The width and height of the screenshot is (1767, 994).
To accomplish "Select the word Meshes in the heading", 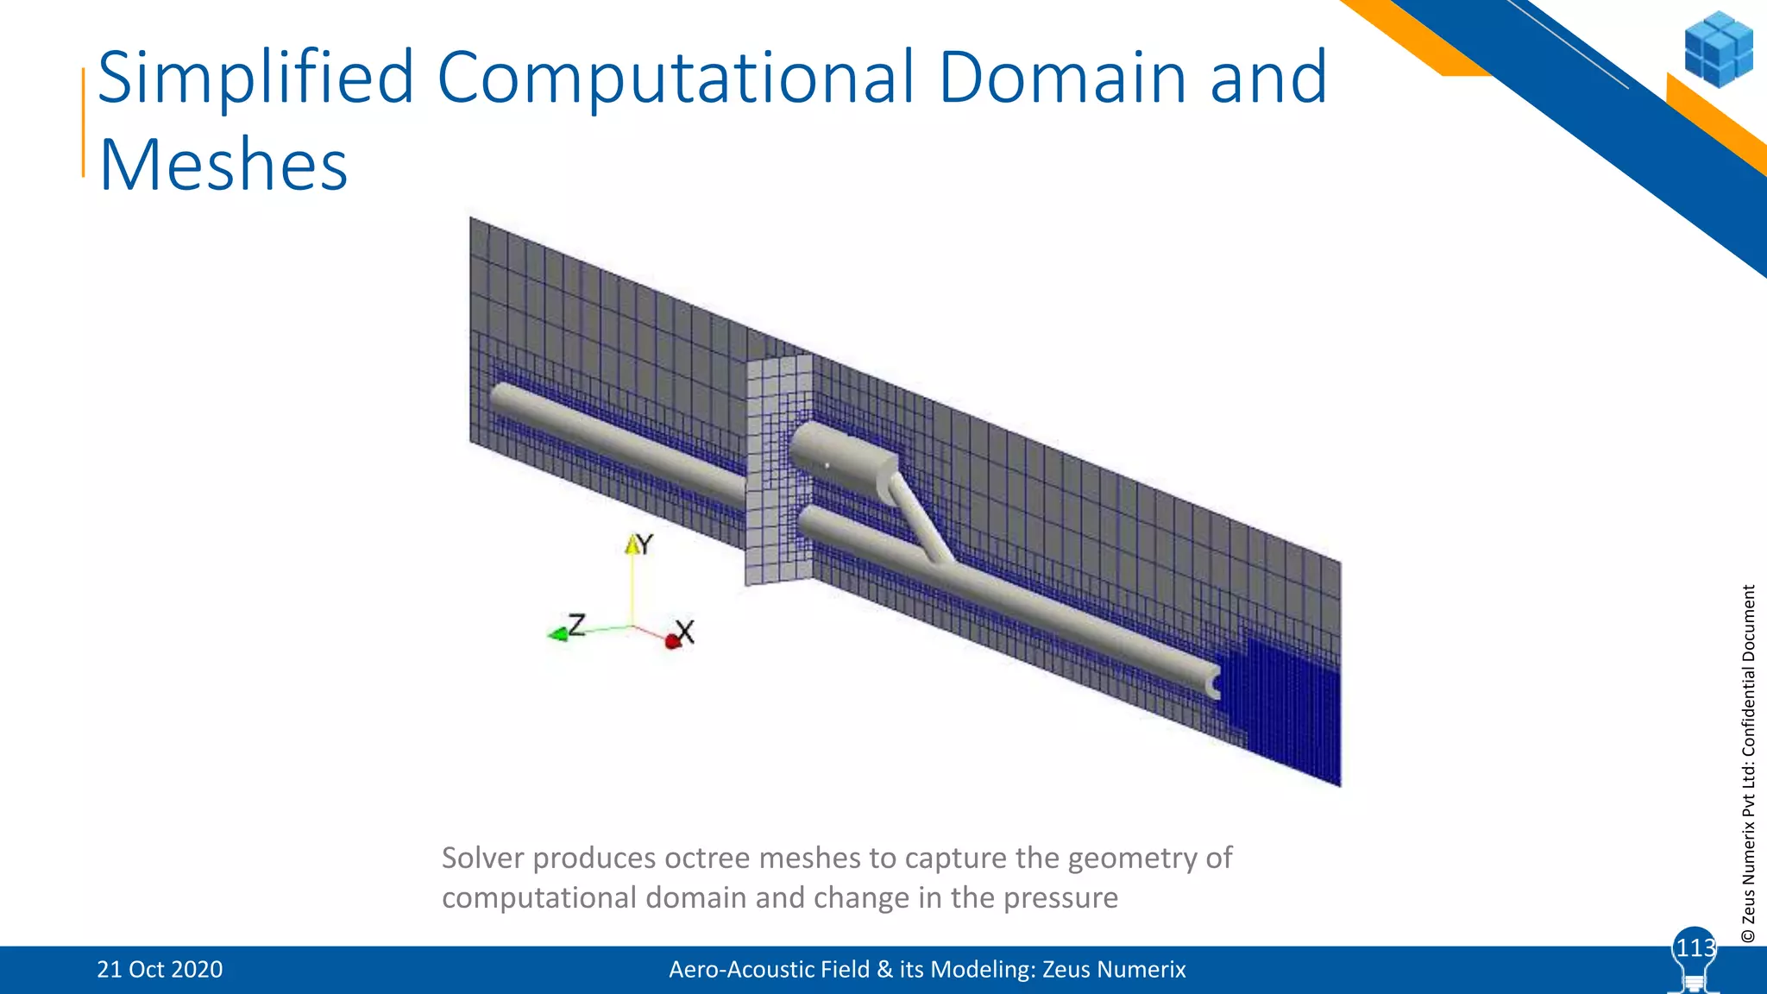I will [x=223, y=165].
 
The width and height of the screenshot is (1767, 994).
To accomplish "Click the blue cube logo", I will [x=1718, y=49].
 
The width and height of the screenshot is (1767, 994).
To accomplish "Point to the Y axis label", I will [x=644, y=544].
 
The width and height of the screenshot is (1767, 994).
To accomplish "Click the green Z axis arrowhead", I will [x=557, y=635].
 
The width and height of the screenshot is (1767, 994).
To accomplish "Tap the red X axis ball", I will [x=673, y=641].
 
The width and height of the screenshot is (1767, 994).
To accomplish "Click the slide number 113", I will [x=1695, y=948].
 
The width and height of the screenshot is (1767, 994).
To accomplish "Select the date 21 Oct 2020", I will [x=160, y=969].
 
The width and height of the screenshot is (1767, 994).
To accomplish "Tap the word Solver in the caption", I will [x=482, y=858].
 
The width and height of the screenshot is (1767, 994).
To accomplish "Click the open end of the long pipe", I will [x=1215, y=686].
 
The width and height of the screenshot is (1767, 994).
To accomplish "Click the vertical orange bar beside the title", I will [x=84, y=122].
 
